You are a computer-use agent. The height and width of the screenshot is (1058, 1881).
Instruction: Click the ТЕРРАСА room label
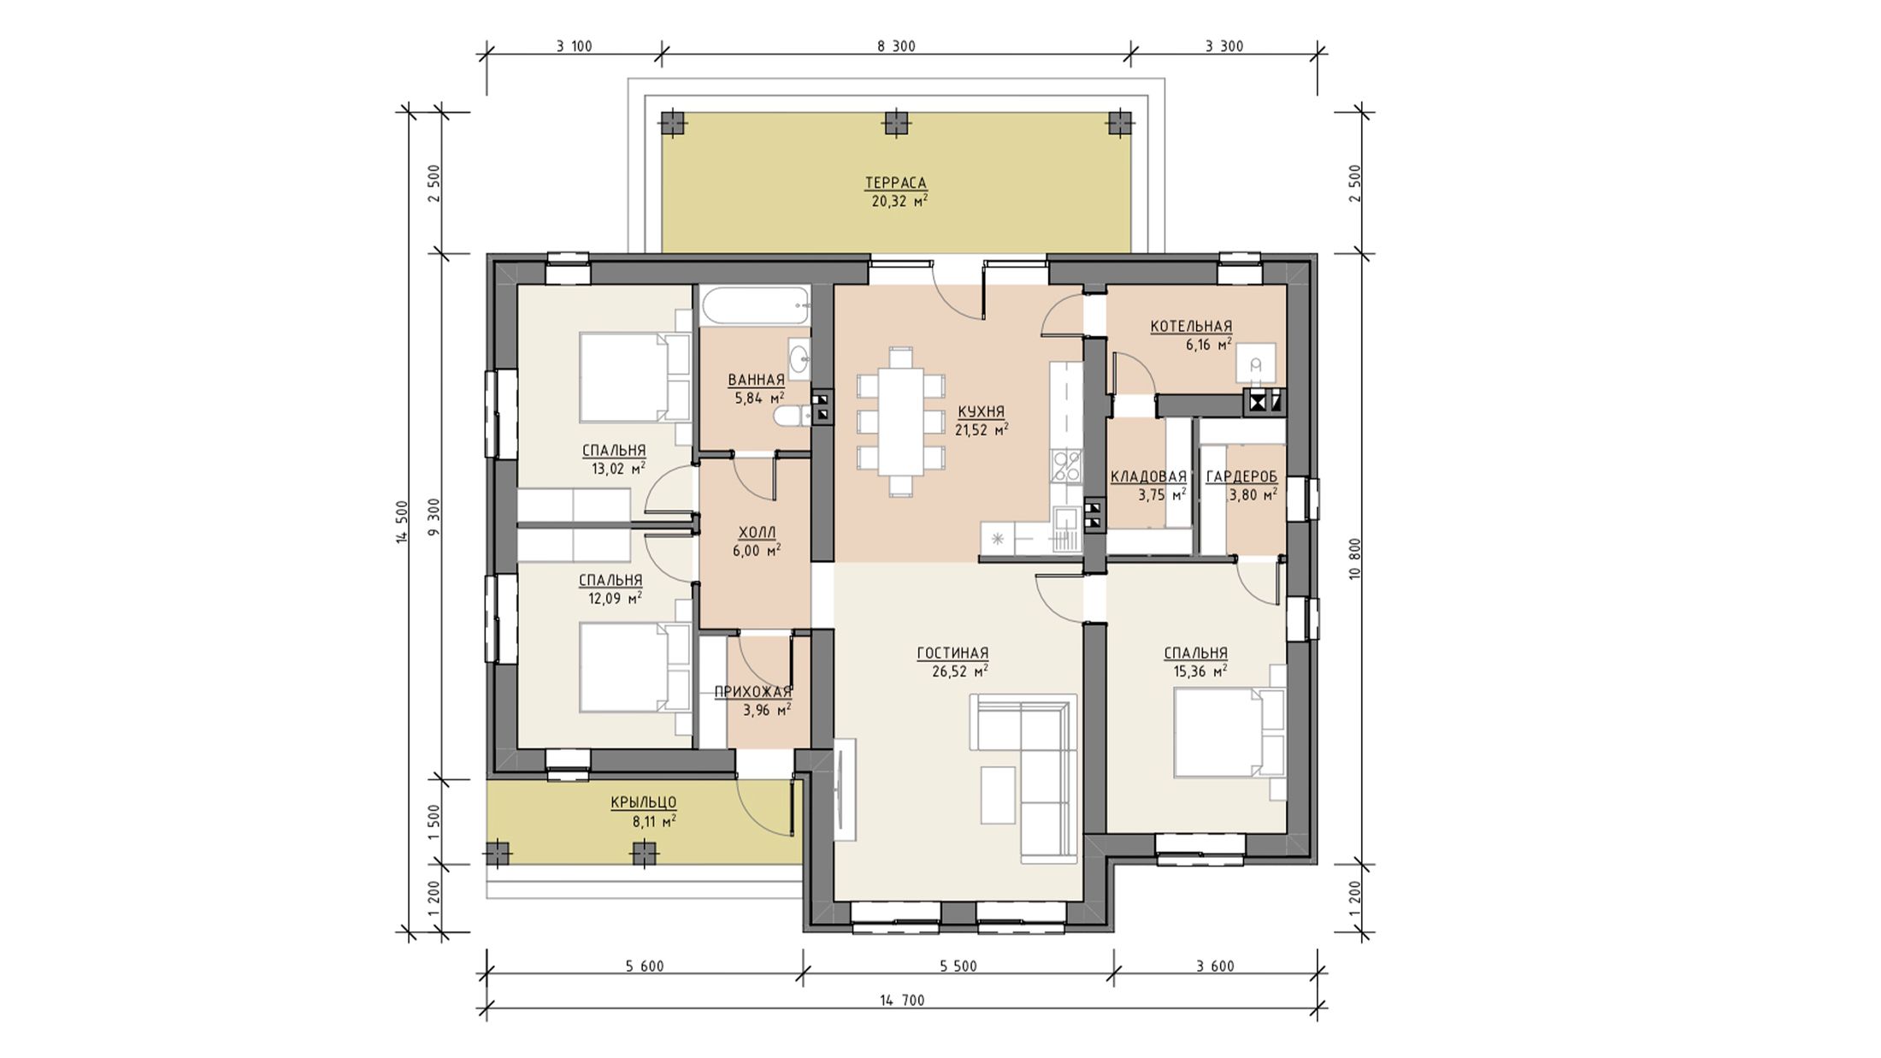[x=895, y=183]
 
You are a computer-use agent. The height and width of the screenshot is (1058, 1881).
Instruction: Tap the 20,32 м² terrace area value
[x=899, y=202]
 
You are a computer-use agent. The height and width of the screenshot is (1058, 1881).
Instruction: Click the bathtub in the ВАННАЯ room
[x=754, y=305]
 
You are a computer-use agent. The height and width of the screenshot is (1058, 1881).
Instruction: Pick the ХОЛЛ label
[x=756, y=532]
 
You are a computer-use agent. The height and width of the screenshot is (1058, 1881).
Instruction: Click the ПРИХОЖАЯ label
[x=752, y=691]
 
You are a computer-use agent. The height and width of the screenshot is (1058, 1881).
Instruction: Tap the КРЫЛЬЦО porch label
[x=644, y=802]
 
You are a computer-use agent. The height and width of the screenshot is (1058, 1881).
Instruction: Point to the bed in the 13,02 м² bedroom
[x=635, y=377]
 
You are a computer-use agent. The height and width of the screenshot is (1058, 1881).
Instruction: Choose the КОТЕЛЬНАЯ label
[x=1191, y=327]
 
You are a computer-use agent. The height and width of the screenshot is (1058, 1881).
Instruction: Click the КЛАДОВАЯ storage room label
[x=1148, y=477]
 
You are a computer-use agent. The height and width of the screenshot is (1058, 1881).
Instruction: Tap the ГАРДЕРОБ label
[x=1241, y=477]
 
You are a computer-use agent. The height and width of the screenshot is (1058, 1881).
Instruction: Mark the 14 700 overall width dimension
[x=902, y=1000]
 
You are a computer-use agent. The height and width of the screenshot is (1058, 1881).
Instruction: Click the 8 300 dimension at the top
[x=896, y=46]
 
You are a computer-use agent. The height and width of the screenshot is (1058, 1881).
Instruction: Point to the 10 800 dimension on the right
[x=1354, y=559]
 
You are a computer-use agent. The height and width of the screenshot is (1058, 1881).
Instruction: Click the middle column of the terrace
[x=895, y=124]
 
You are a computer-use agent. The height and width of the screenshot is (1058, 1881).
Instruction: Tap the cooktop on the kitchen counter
[x=1066, y=465]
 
